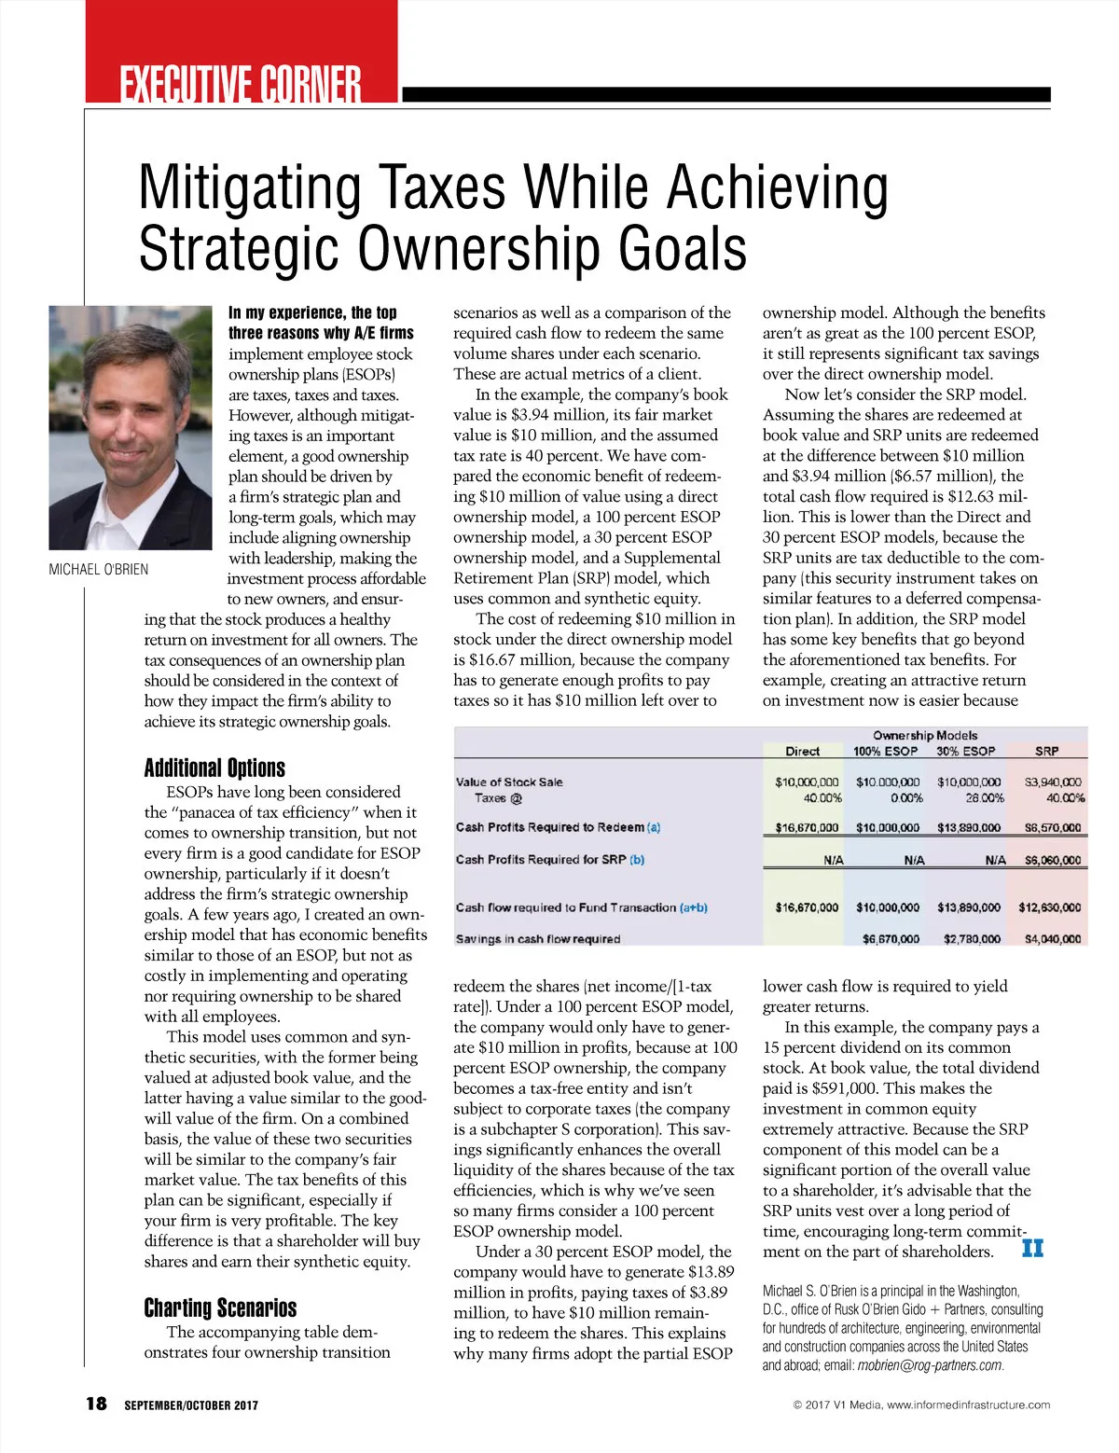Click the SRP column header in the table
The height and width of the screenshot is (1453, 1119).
(x=1046, y=751)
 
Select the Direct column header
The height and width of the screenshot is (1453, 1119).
(x=802, y=751)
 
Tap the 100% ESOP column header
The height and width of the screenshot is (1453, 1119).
(x=885, y=751)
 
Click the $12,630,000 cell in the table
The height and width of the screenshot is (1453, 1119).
(x=1049, y=906)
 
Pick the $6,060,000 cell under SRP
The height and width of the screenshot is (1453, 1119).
(x=1052, y=860)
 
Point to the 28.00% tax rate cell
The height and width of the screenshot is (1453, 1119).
(x=984, y=798)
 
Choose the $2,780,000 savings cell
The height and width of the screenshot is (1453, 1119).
(x=972, y=939)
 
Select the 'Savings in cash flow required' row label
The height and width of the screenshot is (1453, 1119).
(x=537, y=939)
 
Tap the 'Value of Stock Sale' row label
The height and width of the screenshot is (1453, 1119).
(x=509, y=782)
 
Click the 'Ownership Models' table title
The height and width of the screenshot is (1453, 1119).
(x=925, y=735)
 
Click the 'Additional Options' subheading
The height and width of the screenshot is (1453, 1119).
(x=214, y=768)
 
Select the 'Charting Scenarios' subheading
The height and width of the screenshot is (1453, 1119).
(x=220, y=1308)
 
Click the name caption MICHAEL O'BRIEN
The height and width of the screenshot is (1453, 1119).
(x=98, y=569)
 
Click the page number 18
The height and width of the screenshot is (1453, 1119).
(x=96, y=1404)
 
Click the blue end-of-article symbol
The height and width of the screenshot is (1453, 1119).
(x=1032, y=1248)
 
